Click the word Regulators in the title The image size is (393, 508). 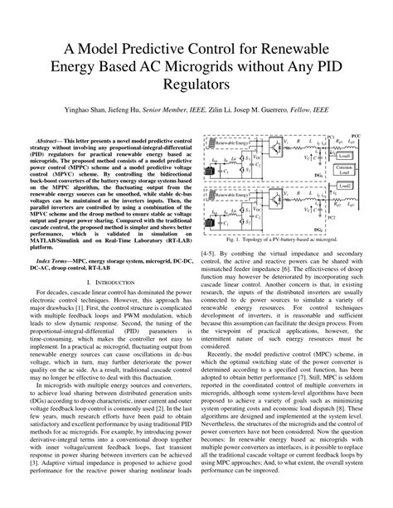[x=196, y=85]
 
